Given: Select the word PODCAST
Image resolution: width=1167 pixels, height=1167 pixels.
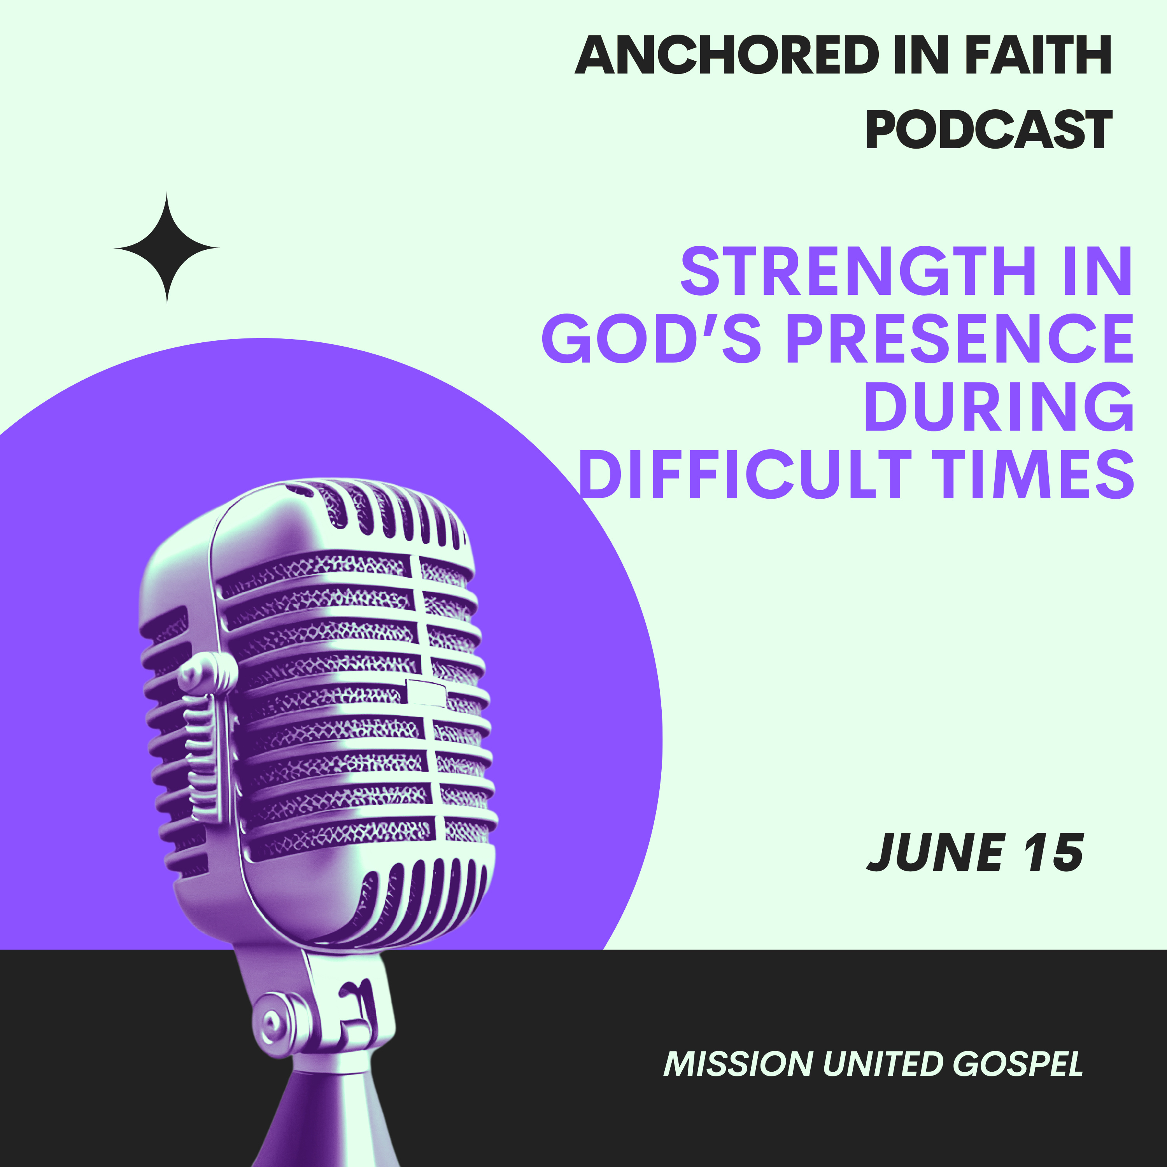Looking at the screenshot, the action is pos(989,129).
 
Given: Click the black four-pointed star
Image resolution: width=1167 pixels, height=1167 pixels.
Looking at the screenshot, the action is pos(167,248).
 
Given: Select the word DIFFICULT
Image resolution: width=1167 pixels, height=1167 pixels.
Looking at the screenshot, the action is pos(744,474).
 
